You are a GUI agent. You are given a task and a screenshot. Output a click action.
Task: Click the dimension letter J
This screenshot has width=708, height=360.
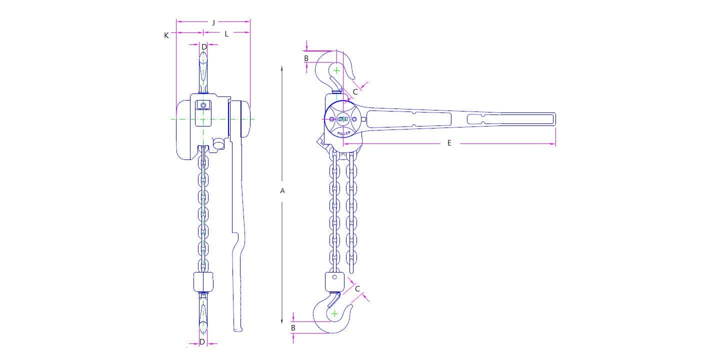pyautogui.click(x=213, y=22)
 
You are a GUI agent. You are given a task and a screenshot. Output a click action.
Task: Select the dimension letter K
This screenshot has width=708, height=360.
pyautogui.click(x=166, y=35)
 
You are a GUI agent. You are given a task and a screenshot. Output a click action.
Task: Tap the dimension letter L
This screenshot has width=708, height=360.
pyautogui.click(x=226, y=34)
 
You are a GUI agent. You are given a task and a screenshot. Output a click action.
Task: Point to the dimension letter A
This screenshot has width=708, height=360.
pyautogui.click(x=282, y=190)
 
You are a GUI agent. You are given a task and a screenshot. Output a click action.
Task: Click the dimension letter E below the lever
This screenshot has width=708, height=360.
pyautogui.click(x=449, y=143)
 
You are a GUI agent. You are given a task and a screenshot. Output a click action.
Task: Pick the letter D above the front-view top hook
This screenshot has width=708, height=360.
pyautogui.click(x=204, y=47)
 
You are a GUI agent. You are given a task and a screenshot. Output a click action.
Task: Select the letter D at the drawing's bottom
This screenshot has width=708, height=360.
pyautogui.click(x=202, y=342)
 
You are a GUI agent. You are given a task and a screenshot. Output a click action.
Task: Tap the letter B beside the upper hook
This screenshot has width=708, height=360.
pyautogui.click(x=306, y=58)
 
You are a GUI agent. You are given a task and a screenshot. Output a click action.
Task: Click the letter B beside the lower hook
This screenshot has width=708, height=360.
pyautogui.click(x=293, y=328)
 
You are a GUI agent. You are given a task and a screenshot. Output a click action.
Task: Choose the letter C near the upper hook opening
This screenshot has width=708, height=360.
pyautogui.click(x=355, y=91)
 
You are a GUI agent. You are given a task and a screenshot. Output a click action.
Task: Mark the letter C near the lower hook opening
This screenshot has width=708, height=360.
pyautogui.click(x=357, y=289)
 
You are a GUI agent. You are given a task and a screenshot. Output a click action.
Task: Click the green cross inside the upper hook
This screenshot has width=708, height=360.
pyautogui.click(x=336, y=70)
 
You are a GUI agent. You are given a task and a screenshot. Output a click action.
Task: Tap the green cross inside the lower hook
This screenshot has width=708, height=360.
pyautogui.click(x=334, y=313)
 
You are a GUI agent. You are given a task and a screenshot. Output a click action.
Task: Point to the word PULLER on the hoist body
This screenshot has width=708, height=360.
pyautogui.click(x=343, y=132)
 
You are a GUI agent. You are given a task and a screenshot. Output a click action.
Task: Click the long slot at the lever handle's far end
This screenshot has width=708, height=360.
pyautogui.click(x=510, y=119)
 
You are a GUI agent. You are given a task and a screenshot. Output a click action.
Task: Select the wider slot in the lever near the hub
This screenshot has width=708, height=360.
pyautogui.click(x=409, y=119)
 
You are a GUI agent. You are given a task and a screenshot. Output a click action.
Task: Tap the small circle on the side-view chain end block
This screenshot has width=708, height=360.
pyautogui.click(x=334, y=277)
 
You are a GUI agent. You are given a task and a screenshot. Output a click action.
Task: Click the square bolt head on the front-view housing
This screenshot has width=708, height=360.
pyautogui.click(x=203, y=105)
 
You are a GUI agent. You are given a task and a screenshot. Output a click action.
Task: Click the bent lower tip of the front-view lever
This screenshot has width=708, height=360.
pyautogui.click(x=238, y=327)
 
